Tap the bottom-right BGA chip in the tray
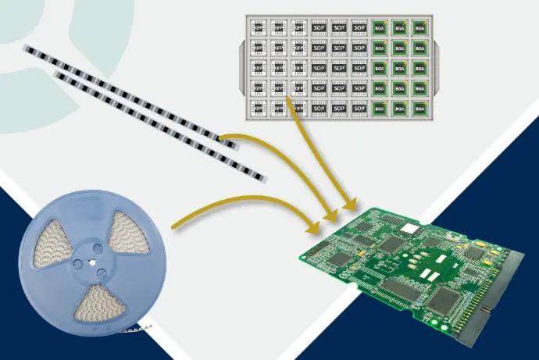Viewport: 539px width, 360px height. pyautogui.click(x=421, y=107)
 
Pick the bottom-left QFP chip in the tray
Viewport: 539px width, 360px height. pyautogui.click(x=258, y=107)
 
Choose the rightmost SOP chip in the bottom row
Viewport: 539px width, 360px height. pyautogui.click(x=359, y=107)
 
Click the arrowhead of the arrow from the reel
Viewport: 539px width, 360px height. pyautogui.click(x=315, y=229)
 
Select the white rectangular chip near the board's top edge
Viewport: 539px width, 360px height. pyautogui.click(x=409, y=227)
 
